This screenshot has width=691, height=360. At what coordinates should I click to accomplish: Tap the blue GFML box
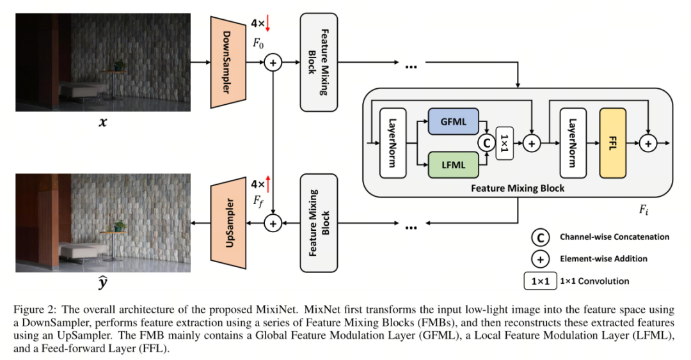(454, 121)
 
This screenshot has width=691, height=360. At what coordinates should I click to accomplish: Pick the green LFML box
(454, 164)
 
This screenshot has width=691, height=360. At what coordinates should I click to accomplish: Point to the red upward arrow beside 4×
(269, 185)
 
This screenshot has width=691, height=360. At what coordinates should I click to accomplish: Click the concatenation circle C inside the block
(488, 143)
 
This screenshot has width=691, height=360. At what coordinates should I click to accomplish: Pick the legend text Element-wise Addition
(603, 258)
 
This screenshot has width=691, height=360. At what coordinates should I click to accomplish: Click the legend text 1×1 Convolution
(594, 281)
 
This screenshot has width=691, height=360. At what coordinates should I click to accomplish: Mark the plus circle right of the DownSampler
(273, 63)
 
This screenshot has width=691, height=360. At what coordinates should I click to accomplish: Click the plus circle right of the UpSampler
(273, 224)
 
